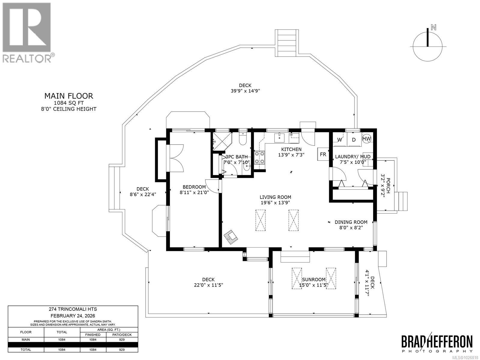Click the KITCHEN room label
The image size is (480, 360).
pos(291,149)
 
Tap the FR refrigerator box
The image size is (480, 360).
pos(323,154)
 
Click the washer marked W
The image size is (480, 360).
pos(340,139)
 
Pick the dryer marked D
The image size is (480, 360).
pos(354,139)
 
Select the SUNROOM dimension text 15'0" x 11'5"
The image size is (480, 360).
pos(314,285)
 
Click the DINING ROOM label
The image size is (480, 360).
pos(351,222)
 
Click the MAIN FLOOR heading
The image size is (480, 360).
pos(69,96)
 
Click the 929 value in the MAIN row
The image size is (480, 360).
pos(122,340)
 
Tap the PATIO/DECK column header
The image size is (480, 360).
pos(122,334)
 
